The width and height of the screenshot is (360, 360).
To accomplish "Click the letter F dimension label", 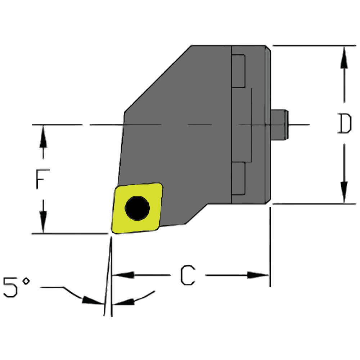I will [42, 179].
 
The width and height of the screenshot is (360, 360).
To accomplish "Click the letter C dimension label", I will [188, 276].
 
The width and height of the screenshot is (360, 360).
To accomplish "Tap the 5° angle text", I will [16, 287].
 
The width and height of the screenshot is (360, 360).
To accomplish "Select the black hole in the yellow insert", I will [137, 208].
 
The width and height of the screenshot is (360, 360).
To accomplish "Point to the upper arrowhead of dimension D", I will [344, 58].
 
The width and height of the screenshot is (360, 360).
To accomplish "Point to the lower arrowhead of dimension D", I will [344, 193].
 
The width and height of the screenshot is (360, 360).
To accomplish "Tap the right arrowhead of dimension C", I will [258, 275].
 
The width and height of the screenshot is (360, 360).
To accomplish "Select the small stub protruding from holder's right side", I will [279, 125].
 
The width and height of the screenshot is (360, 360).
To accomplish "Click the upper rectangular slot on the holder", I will [238, 71].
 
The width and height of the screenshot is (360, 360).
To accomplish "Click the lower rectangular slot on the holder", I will [238, 179].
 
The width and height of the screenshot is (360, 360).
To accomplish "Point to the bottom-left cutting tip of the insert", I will [113, 232].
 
